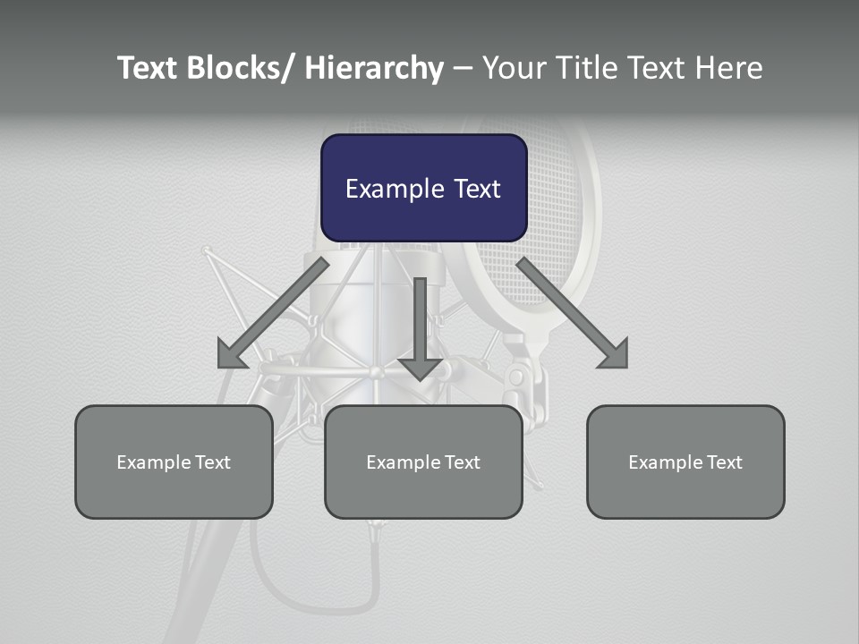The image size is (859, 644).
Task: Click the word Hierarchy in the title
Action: pos(374,68)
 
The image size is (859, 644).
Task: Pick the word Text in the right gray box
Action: pos(725,462)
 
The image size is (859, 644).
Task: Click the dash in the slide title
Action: pos(463,68)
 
